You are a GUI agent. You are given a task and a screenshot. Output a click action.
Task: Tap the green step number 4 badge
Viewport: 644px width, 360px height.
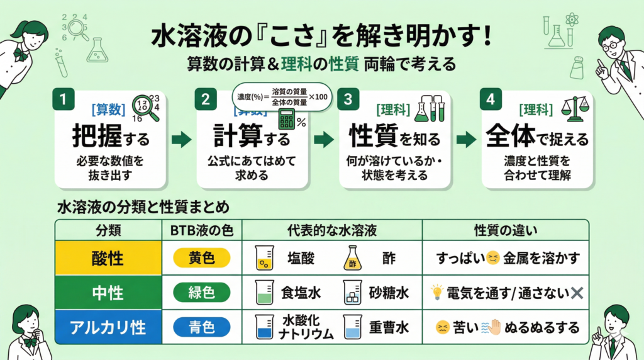click(x=491, y=99)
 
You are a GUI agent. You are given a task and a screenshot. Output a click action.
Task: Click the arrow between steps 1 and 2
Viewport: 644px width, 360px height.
click(x=181, y=140)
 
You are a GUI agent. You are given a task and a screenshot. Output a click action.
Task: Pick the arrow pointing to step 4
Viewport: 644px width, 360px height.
click(x=466, y=140)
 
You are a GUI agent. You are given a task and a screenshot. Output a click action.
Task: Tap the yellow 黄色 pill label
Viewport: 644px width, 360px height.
click(x=201, y=257)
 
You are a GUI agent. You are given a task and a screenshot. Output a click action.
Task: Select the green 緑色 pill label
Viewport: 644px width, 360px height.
click(x=201, y=293)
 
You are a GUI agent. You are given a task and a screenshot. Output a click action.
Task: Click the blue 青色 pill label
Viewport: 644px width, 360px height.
click(x=201, y=327)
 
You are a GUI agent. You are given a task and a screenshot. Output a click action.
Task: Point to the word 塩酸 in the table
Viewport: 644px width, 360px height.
click(x=301, y=257)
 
